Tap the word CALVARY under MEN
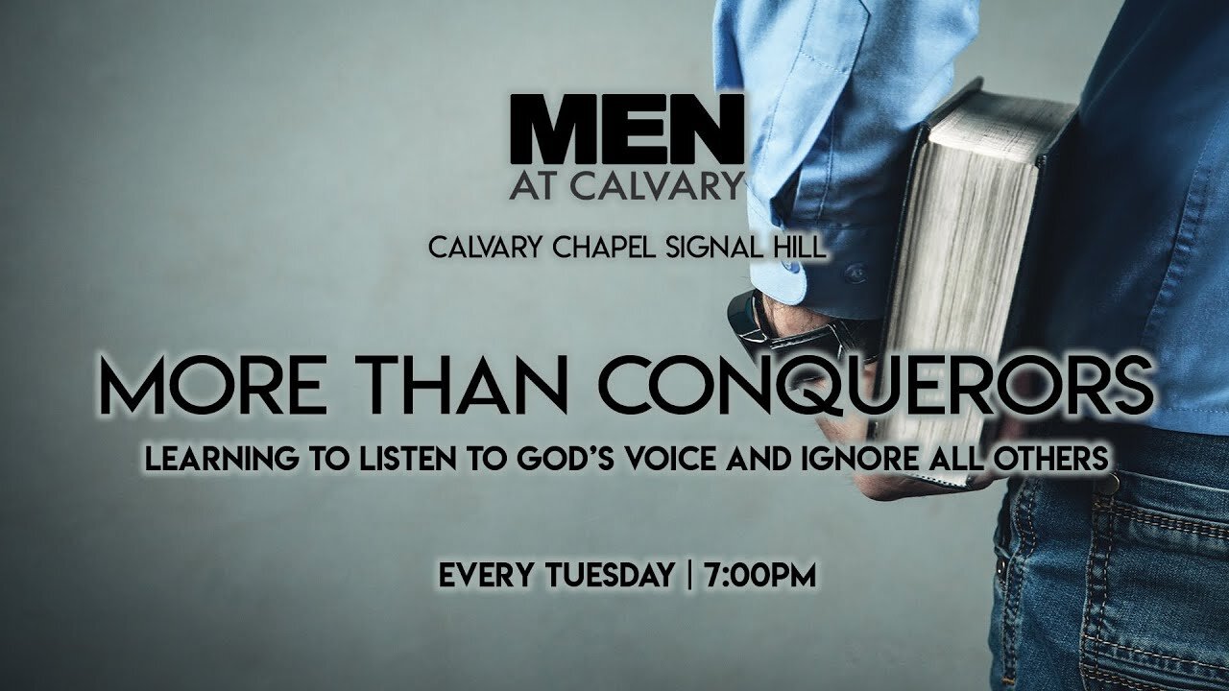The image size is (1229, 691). pos(678,183)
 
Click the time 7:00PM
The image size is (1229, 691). pos(760,577)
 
